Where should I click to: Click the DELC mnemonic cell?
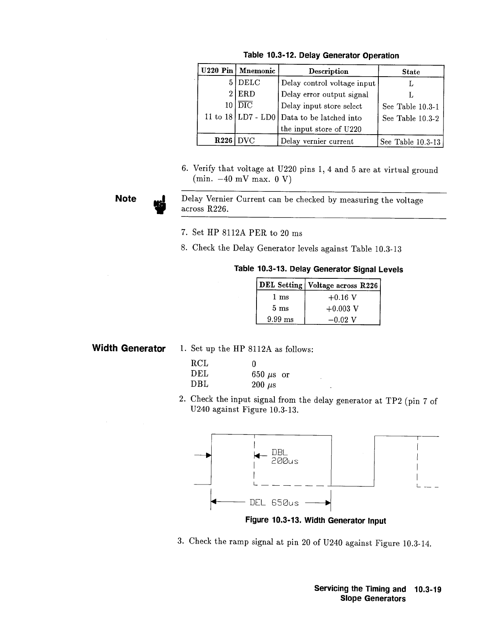[249, 83]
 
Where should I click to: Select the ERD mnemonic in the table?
[247, 94]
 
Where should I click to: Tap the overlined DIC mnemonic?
[245, 105]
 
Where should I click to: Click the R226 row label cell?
[223, 141]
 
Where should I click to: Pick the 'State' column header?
[411, 72]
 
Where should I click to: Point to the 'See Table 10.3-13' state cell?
[410, 142]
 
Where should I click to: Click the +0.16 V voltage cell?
[342, 297]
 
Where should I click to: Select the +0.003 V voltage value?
[342, 309]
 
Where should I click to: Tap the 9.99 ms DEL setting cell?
[280, 320]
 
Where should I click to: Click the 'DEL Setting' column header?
[280, 285]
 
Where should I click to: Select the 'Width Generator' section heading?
[129, 349]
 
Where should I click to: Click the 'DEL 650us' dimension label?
[274, 503]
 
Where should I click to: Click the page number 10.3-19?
[427, 589]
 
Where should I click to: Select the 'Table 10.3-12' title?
[321, 56]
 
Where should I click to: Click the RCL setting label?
[199, 364]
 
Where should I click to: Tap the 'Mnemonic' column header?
[257, 71]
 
